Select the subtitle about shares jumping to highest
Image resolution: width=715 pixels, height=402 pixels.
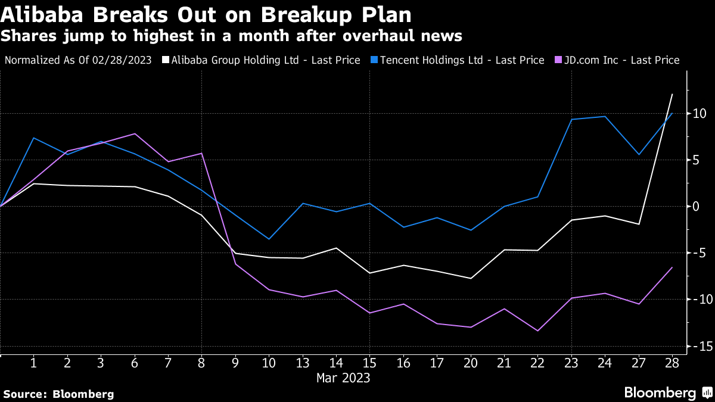(231, 36)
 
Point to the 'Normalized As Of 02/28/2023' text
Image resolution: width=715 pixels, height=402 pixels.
(78, 60)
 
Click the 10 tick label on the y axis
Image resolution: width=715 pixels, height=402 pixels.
(700, 113)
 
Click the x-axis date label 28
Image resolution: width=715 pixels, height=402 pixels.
(672, 363)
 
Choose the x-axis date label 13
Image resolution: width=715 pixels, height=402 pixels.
(303, 363)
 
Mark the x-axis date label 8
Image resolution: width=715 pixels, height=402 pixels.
(202, 363)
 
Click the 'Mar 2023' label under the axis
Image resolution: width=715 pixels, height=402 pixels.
(343, 378)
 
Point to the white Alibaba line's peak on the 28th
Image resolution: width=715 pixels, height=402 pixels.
(672, 94)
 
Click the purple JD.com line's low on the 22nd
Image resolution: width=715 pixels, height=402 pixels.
(538, 331)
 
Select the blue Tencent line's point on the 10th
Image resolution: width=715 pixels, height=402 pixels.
(269, 239)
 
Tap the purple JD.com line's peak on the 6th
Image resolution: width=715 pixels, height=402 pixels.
(135, 133)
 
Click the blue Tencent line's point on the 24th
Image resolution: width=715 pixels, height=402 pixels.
(605, 116)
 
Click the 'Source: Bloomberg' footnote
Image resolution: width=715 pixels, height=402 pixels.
(58, 394)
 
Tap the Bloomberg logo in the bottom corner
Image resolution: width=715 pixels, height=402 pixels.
(667, 392)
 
